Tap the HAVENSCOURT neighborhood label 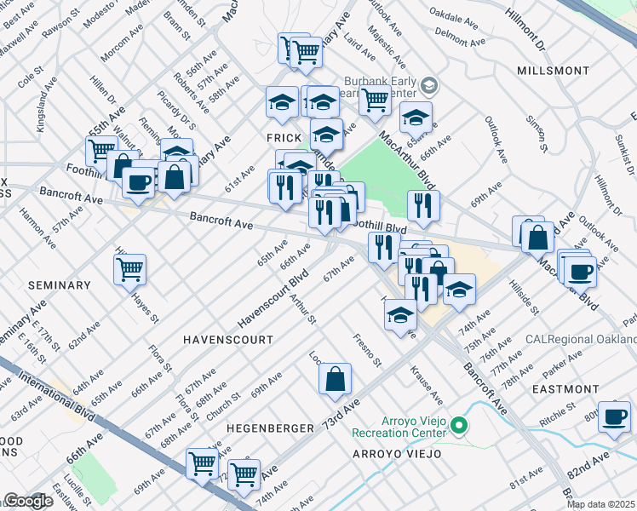[228, 339]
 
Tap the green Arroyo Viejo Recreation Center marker [459, 424]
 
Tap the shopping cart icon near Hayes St [129, 269]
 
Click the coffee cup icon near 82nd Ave [613, 416]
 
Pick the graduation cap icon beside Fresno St [400, 316]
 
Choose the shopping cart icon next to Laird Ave [374, 100]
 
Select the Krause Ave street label [426, 386]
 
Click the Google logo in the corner [28, 501]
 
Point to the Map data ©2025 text [600, 504]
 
